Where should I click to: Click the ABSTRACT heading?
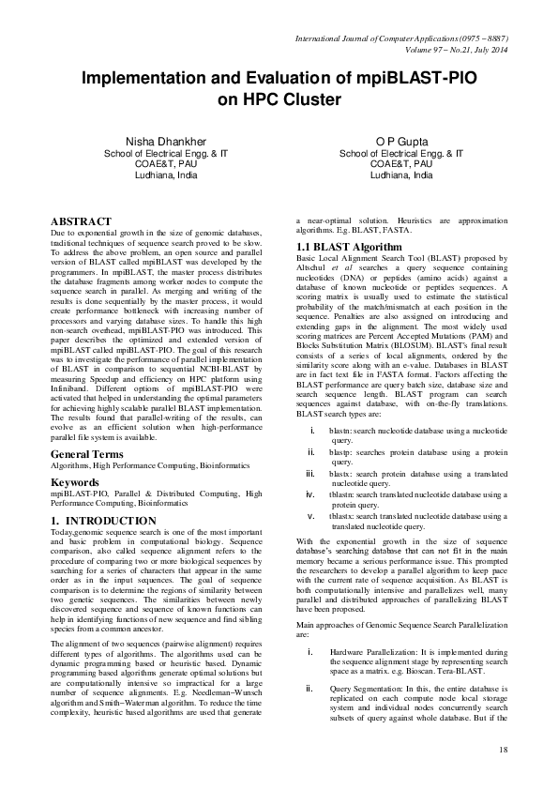[82, 221]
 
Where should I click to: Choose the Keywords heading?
[74, 482]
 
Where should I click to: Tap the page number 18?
[503, 749]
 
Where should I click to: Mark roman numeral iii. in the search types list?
[311, 475]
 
